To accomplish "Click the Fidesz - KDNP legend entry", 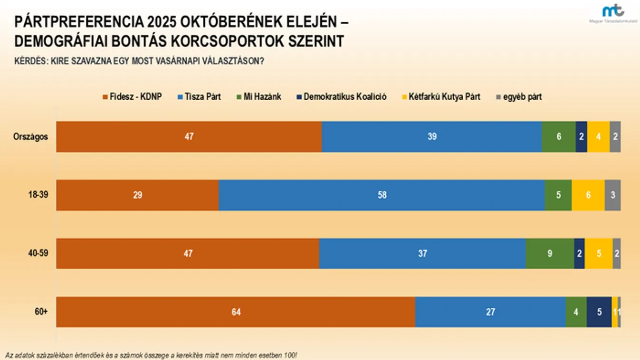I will (x=132, y=97).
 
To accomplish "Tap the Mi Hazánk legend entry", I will (x=259, y=97).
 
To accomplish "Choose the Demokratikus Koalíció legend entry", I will (x=341, y=97).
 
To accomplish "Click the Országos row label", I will (x=30, y=137).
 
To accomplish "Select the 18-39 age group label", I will (x=38, y=195).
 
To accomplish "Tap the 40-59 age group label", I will (x=38, y=254).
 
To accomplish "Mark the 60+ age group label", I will (x=42, y=312).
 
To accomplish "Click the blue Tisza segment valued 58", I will (x=382, y=195).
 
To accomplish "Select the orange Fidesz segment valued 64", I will (x=236, y=312).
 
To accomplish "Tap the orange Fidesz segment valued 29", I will (x=137, y=195).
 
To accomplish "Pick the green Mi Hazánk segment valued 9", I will (x=550, y=254).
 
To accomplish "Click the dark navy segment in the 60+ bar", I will (x=599, y=312).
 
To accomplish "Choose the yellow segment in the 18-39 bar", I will (x=588, y=195).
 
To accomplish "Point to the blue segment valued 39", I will (x=431, y=137).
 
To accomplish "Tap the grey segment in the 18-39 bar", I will (x=612, y=195).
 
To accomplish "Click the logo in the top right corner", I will (x=613, y=13).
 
